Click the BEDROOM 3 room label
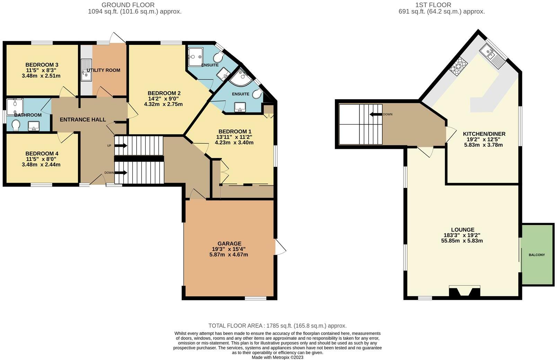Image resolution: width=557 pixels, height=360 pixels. pyautogui.click(x=42, y=65)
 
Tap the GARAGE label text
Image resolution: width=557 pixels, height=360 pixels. pyautogui.click(x=229, y=243)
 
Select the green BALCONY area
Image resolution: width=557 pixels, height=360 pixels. pyautogui.click(x=537, y=255)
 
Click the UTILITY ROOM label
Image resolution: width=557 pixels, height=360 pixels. pyautogui.click(x=103, y=70)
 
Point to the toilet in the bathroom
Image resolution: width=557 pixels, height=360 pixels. pyautogui.click(x=16, y=125)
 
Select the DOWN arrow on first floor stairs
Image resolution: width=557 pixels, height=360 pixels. pyautogui.click(x=375, y=114)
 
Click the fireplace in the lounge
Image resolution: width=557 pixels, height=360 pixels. pyautogui.click(x=465, y=291)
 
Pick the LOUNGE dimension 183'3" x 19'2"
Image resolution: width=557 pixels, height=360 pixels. pyautogui.click(x=463, y=235)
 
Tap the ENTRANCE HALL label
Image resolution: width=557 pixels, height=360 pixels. pyautogui.click(x=83, y=120)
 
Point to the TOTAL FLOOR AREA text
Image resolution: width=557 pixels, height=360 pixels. pyautogui.click(x=277, y=326)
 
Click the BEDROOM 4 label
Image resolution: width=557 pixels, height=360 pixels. pyautogui.click(x=42, y=154)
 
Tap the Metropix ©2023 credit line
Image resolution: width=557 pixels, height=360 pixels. pyautogui.click(x=277, y=357)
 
